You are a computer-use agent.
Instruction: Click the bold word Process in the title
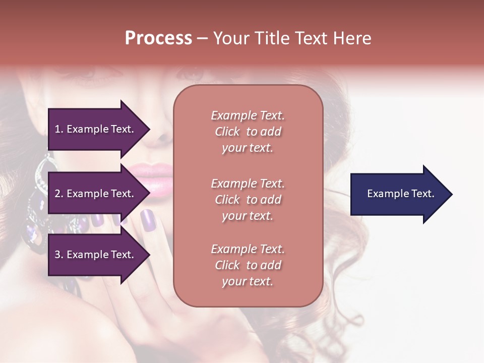click(158, 38)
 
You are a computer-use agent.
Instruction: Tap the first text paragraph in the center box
click(248, 132)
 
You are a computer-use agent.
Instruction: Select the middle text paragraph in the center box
click(248, 200)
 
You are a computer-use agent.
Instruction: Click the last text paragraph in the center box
click(248, 265)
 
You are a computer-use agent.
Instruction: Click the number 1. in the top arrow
click(59, 129)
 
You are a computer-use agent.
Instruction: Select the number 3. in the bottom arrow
click(59, 255)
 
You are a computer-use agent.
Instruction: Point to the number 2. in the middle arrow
click(59, 194)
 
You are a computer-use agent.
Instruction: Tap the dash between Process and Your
click(202, 38)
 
